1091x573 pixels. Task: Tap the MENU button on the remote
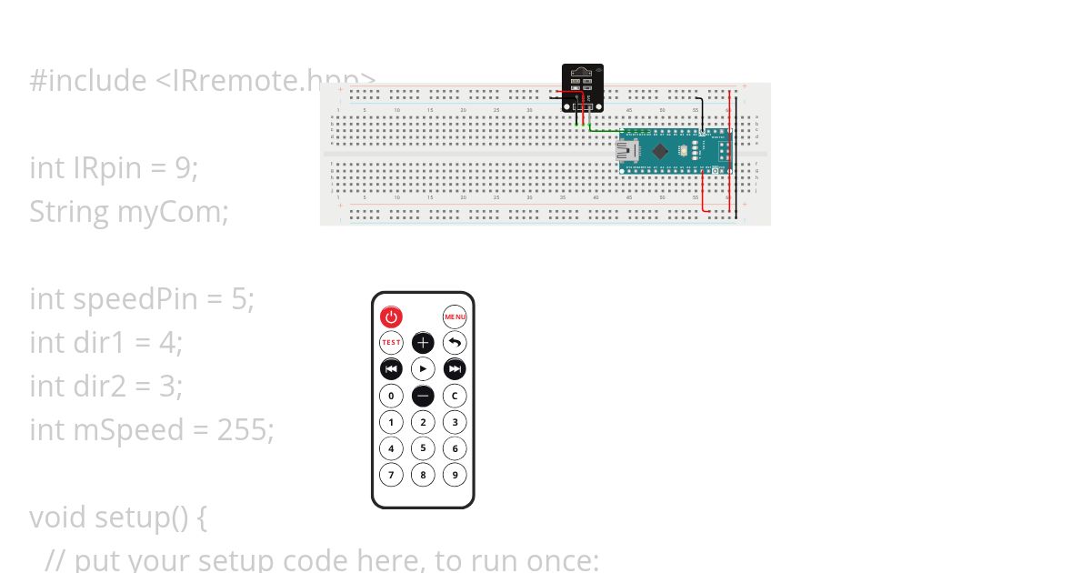455,317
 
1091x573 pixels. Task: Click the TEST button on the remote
391,343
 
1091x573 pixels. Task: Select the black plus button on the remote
423,343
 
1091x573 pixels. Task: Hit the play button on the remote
423,369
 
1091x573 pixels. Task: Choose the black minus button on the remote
423,396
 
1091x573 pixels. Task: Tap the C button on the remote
455,396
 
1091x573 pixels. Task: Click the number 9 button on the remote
455,474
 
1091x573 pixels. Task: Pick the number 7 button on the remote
391,474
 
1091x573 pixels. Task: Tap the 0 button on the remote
391,396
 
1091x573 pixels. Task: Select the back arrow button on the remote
455,343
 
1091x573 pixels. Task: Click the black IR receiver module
582,87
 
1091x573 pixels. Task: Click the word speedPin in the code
160,298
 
